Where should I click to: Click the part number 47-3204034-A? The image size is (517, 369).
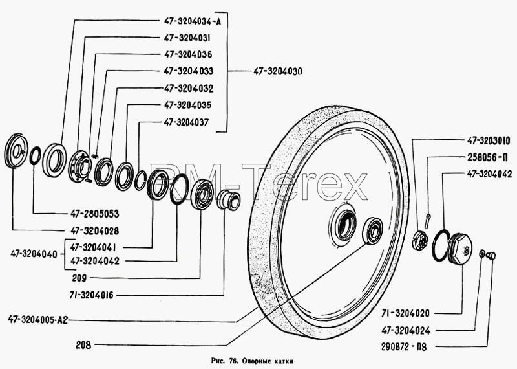[193, 21]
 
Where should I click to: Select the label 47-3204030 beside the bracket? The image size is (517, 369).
[277, 71]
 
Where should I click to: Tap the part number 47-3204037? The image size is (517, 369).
[186, 122]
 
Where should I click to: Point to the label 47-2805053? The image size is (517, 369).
[94, 214]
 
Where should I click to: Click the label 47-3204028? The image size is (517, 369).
[94, 230]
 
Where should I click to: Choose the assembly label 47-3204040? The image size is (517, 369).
[34, 254]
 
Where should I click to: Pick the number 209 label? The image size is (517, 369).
[79, 278]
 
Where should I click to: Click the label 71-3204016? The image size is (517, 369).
[91, 295]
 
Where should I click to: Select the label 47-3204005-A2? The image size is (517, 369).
[38, 320]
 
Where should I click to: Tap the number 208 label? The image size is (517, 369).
[83, 345]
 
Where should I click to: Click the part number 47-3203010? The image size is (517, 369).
[489, 140]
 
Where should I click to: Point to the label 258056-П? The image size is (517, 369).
[487, 157]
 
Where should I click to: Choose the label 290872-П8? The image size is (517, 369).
[404, 347]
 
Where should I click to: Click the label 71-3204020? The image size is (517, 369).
[405, 313]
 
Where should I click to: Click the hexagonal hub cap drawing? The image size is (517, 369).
[460, 248]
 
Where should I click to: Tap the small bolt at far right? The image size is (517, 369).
[492, 255]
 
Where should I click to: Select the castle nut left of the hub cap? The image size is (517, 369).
[421, 240]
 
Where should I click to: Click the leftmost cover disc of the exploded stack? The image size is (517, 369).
[16, 151]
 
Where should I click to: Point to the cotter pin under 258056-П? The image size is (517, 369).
[427, 220]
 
